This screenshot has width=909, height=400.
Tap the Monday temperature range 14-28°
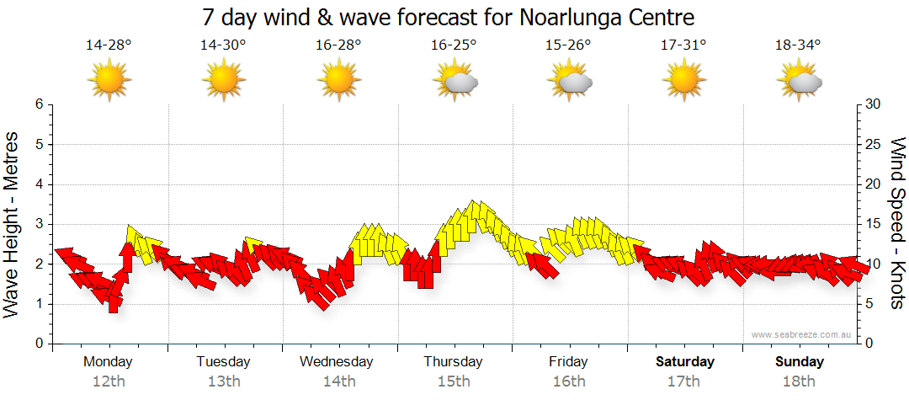[x=109, y=45]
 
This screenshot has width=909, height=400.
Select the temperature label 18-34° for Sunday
[x=797, y=45]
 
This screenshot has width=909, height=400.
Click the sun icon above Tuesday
[x=223, y=80]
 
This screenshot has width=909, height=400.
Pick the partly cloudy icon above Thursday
[x=455, y=81]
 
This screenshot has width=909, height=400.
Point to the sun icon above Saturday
[x=683, y=80]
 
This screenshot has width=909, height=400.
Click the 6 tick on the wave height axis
[x=38, y=104]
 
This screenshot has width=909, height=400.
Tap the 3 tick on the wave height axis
[x=38, y=224]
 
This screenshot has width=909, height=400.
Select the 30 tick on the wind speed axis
[x=874, y=104]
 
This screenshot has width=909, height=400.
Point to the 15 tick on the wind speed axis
[x=874, y=224]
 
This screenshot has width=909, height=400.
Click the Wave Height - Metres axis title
[x=12, y=224]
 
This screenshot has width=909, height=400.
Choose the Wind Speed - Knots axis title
[x=897, y=224]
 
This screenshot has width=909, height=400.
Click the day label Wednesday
[x=337, y=362]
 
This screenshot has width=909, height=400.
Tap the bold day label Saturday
[x=684, y=362]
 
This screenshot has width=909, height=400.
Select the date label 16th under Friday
[x=569, y=381]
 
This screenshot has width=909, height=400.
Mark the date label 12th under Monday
[x=109, y=381]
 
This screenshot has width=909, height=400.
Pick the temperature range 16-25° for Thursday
[x=454, y=45]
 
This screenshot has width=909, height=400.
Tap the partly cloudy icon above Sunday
[x=800, y=81]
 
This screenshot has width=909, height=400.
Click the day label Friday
[x=569, y=362]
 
